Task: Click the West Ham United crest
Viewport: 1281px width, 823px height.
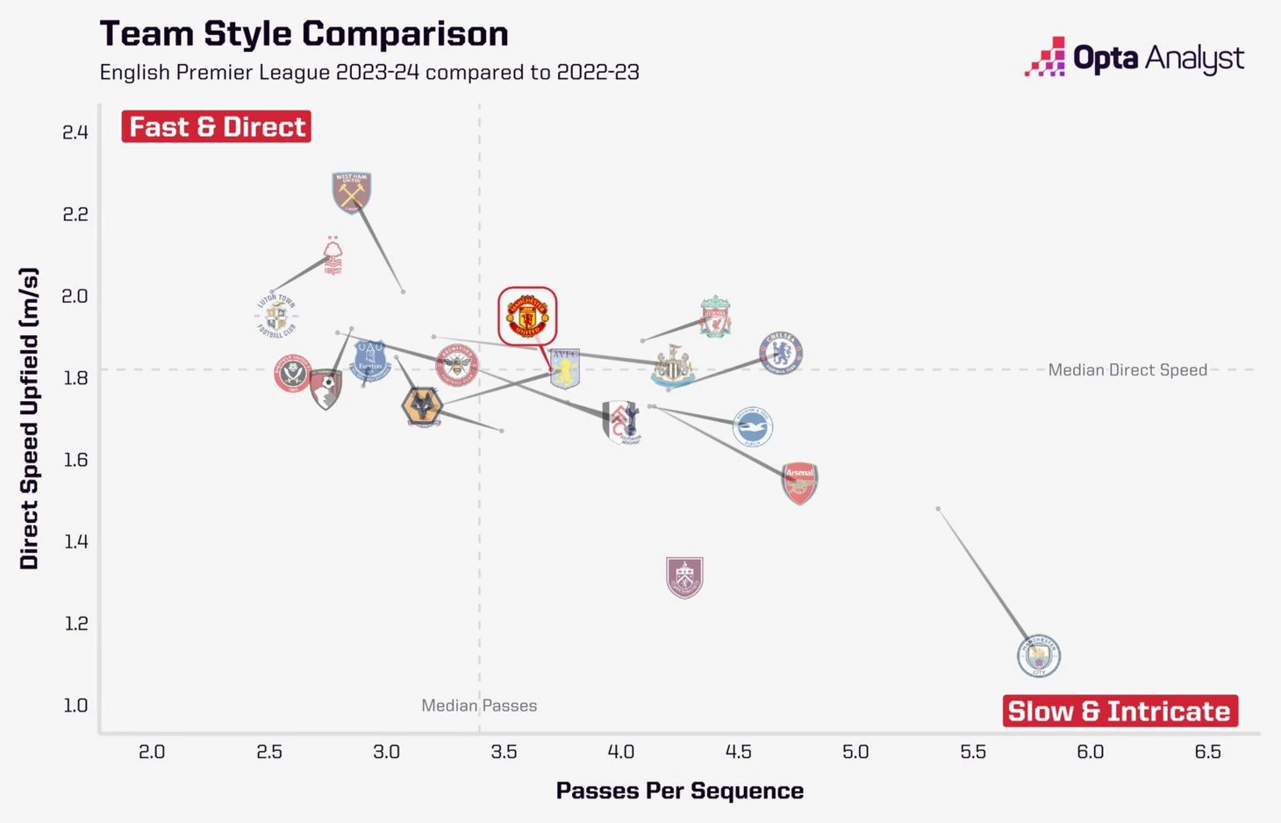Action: (352, 192)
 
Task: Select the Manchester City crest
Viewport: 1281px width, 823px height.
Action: (1039, 655)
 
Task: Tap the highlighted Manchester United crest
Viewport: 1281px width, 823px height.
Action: (527, 316)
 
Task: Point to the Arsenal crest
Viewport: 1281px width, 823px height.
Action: (799, 483)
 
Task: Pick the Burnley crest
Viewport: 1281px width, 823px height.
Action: (684, 577)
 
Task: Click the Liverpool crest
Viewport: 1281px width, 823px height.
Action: (716, 317)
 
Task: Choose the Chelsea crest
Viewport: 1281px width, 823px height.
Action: (781, 353)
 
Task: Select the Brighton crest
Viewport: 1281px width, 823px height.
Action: (753, 427)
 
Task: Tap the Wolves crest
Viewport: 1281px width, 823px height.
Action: (422, 408)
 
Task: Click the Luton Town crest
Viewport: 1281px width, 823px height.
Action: (276, 316)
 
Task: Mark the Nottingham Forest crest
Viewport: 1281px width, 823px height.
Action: (333, 256)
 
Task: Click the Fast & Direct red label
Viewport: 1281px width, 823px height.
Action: (217, 126)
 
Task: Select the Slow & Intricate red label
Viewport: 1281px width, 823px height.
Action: (1120, 711)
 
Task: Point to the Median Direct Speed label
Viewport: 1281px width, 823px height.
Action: (1127, 370)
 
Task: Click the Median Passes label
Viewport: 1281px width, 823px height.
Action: (479, 705)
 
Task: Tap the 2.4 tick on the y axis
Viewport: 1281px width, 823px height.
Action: (75, 132)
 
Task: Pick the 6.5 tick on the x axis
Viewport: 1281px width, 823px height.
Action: (1207, 752)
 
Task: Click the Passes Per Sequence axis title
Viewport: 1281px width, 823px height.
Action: (680, 791)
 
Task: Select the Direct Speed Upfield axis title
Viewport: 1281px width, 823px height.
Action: (29, 419)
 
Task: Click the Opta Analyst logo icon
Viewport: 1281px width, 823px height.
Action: (1045, 57)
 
